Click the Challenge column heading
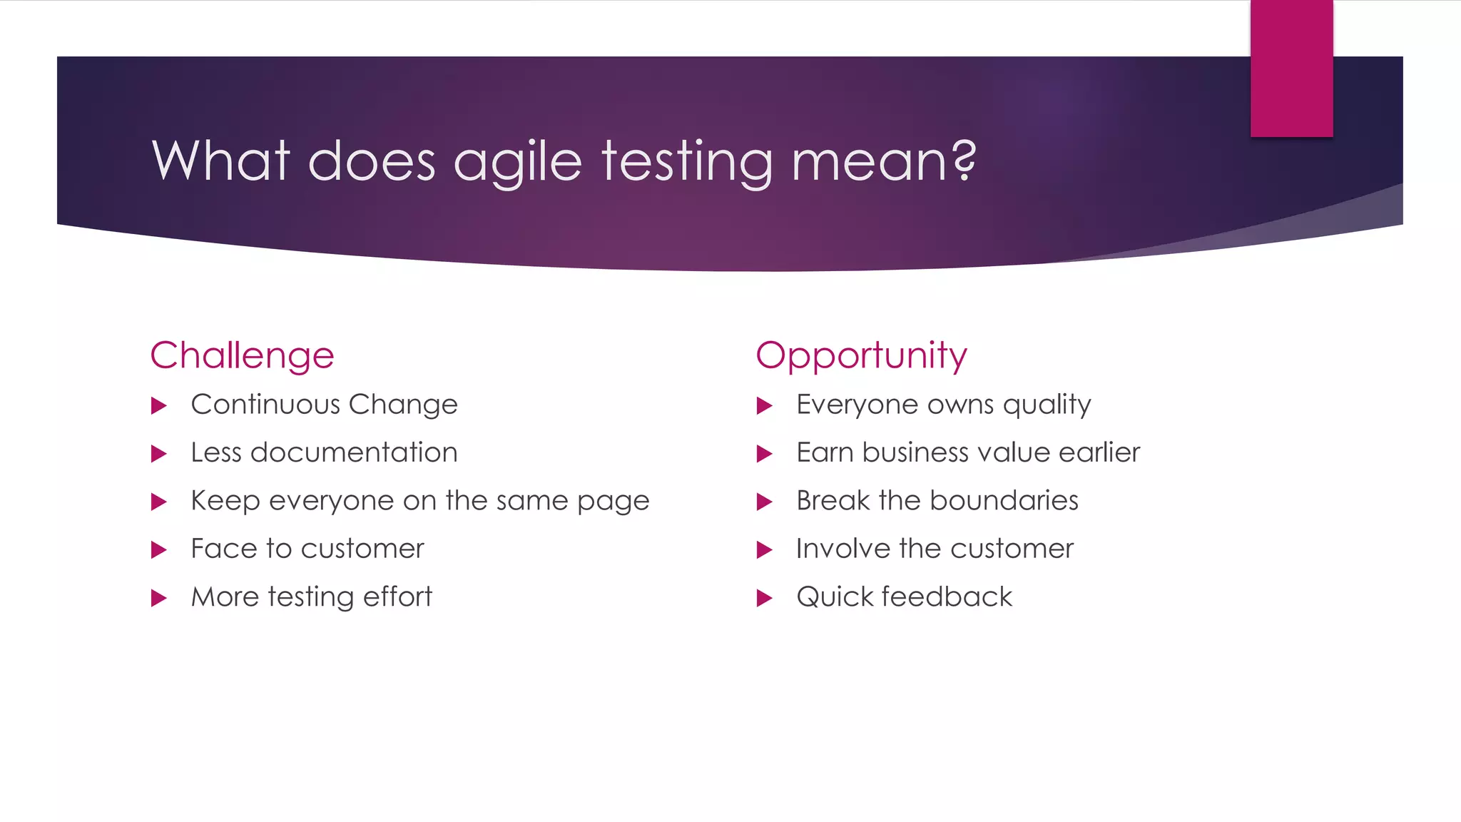(242, 355)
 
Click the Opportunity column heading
(861, 355)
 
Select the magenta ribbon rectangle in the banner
(1291, 68)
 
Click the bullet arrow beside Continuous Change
(159, 406)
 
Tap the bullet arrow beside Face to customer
(159, 550)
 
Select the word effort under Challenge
(397, 597)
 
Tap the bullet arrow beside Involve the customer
(764, 550)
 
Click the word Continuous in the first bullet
(265, 405)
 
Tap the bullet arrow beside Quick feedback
(764, 598)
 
